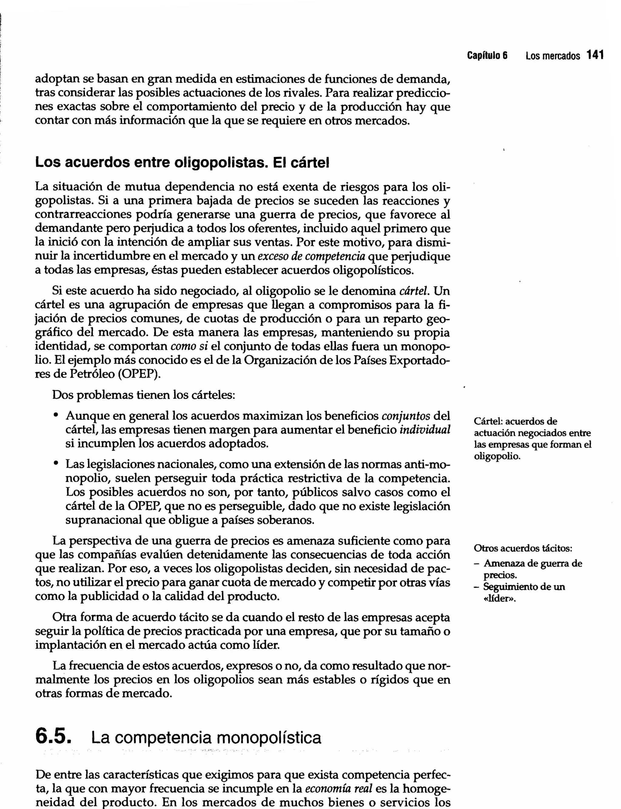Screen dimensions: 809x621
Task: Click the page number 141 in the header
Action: pos(595,56)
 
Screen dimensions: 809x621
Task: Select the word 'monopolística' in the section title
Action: pos(268,738)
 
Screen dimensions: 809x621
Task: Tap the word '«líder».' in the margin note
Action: pos(499,598)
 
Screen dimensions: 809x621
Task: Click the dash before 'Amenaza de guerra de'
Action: pos(477,564)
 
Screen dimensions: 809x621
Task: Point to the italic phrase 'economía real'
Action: pos(338,789)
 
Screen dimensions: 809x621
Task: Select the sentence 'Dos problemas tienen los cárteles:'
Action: pos(143,395)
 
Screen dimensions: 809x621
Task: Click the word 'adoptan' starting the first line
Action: pos(57,79)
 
